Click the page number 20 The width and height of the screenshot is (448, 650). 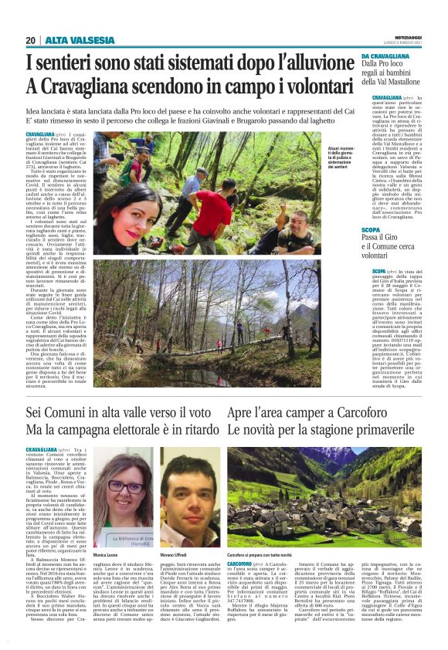coord(30,40)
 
